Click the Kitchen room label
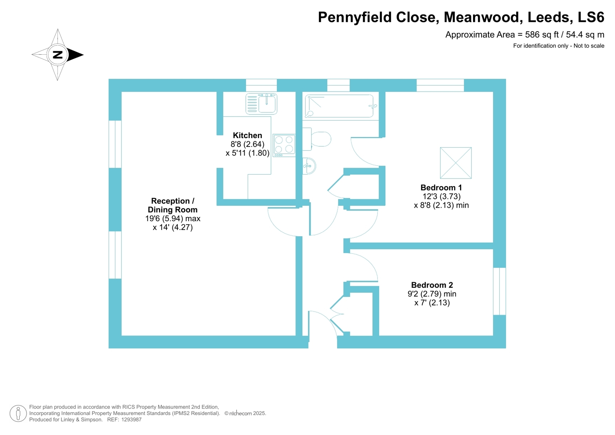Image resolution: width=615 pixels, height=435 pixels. point(247,135)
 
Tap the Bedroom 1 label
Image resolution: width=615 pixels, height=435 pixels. point(441,188)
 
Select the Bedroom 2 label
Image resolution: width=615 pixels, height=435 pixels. point(432,285)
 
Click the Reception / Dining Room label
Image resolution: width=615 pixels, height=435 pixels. point(172,205)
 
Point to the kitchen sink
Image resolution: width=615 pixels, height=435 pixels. point(261,103)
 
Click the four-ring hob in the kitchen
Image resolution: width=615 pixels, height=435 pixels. point(284,145)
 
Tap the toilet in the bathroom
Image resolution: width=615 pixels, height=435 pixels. point(317,139)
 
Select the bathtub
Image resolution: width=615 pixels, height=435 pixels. point(340,106)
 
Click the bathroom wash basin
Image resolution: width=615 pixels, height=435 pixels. point(309,166)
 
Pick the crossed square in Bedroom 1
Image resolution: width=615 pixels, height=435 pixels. point(456,163)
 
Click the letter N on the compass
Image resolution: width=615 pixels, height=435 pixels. point(58,55)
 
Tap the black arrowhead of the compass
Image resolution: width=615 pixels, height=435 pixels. point(75,55)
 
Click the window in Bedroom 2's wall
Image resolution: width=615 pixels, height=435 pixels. point(499,291)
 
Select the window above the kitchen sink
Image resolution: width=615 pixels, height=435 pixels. point(261,85)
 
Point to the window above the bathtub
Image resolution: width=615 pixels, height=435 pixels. point(338,85)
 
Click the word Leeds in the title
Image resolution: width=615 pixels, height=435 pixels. point(549,17)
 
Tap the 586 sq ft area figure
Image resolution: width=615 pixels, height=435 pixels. point(542,35)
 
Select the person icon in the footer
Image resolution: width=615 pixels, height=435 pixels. point(18,413)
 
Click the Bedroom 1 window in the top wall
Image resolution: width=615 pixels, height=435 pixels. point(440,85)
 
